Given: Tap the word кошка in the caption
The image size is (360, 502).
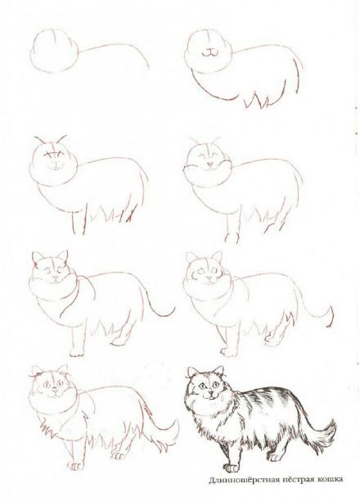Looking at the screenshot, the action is (331, 479).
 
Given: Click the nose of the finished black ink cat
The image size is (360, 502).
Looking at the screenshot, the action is (210, 392).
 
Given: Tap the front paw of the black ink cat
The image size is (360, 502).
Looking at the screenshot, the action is (231, 468).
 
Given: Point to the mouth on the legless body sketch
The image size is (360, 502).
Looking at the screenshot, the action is (209, 53).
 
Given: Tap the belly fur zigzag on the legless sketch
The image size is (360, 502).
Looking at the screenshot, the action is (256, 101).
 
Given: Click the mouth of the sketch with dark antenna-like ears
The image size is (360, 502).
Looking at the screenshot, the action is (55, 167).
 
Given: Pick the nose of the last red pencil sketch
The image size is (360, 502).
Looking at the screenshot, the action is (54, 389).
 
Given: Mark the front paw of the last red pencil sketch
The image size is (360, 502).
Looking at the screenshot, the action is (75, 466).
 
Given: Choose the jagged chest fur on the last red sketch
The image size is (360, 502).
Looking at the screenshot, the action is (48, 427).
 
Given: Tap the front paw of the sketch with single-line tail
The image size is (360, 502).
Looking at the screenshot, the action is (77, 352).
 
